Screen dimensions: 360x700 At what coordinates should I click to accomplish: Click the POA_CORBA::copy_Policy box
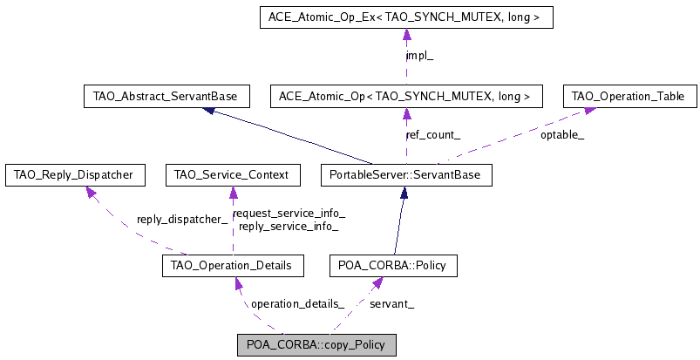[x=316, y=344]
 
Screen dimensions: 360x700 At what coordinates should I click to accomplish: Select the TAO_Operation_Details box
[x=233, y=265]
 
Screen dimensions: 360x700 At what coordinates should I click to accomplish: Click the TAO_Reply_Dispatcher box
[x=74, y=175]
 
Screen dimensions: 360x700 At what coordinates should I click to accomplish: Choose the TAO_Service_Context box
[x=233, y=175]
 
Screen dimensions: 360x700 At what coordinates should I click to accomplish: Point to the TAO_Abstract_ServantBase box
[x=166, y=96]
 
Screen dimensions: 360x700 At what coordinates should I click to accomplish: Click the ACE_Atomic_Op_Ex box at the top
[x=406, y=17]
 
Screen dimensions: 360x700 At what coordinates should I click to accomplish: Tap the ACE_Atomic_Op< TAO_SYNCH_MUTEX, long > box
[x=406, y=96]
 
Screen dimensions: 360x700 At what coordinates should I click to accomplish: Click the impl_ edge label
[x=420, y=56]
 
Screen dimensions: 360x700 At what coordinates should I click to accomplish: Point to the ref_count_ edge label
[x=433, y=135]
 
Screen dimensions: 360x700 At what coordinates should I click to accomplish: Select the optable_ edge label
[x=562, y=135]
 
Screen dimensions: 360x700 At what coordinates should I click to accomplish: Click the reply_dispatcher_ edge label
[x=182, y=220]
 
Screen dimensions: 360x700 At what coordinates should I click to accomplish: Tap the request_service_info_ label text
[x=289, y=214]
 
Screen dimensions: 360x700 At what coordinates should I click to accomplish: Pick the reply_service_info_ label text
[x=289, y=226]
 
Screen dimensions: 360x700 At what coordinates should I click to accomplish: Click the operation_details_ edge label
[x=297, y=304]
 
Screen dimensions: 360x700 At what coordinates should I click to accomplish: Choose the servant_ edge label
[x=391, y=304]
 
